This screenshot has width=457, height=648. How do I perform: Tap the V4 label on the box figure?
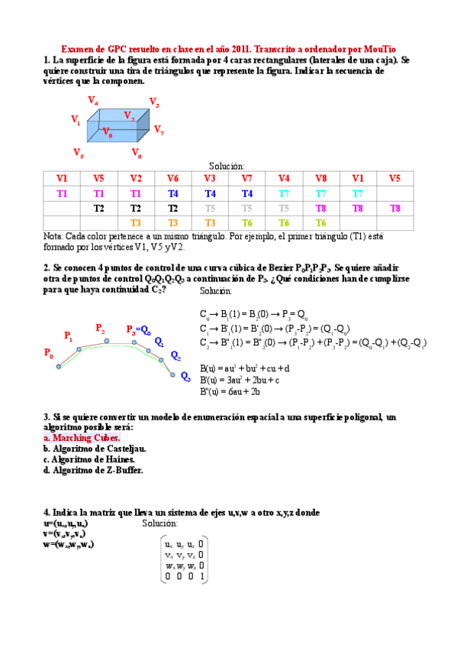tap(92, 101)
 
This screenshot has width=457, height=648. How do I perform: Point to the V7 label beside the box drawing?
tap(159, 130)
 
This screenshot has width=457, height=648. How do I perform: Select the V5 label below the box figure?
tap(78, 151)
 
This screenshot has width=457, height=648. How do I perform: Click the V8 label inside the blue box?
tap(108, 134)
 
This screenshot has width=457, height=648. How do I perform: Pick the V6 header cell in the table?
tap(172, 178)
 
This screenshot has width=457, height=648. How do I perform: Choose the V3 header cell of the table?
tap(210, 178)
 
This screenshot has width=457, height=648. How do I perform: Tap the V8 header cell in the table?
tap(320, 178)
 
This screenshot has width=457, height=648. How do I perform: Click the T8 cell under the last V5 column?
tap(394, 208)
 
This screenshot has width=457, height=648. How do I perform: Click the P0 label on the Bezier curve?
tap(49, 353)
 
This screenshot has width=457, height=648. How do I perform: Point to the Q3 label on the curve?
tap(185, 376)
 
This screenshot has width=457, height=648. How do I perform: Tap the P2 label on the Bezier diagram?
tap(101, 328)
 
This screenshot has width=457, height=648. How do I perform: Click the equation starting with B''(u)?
tap(230, 391)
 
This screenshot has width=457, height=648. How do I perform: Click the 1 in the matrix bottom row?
tap(201, 577)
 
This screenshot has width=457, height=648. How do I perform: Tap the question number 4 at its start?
tap(47, 513)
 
